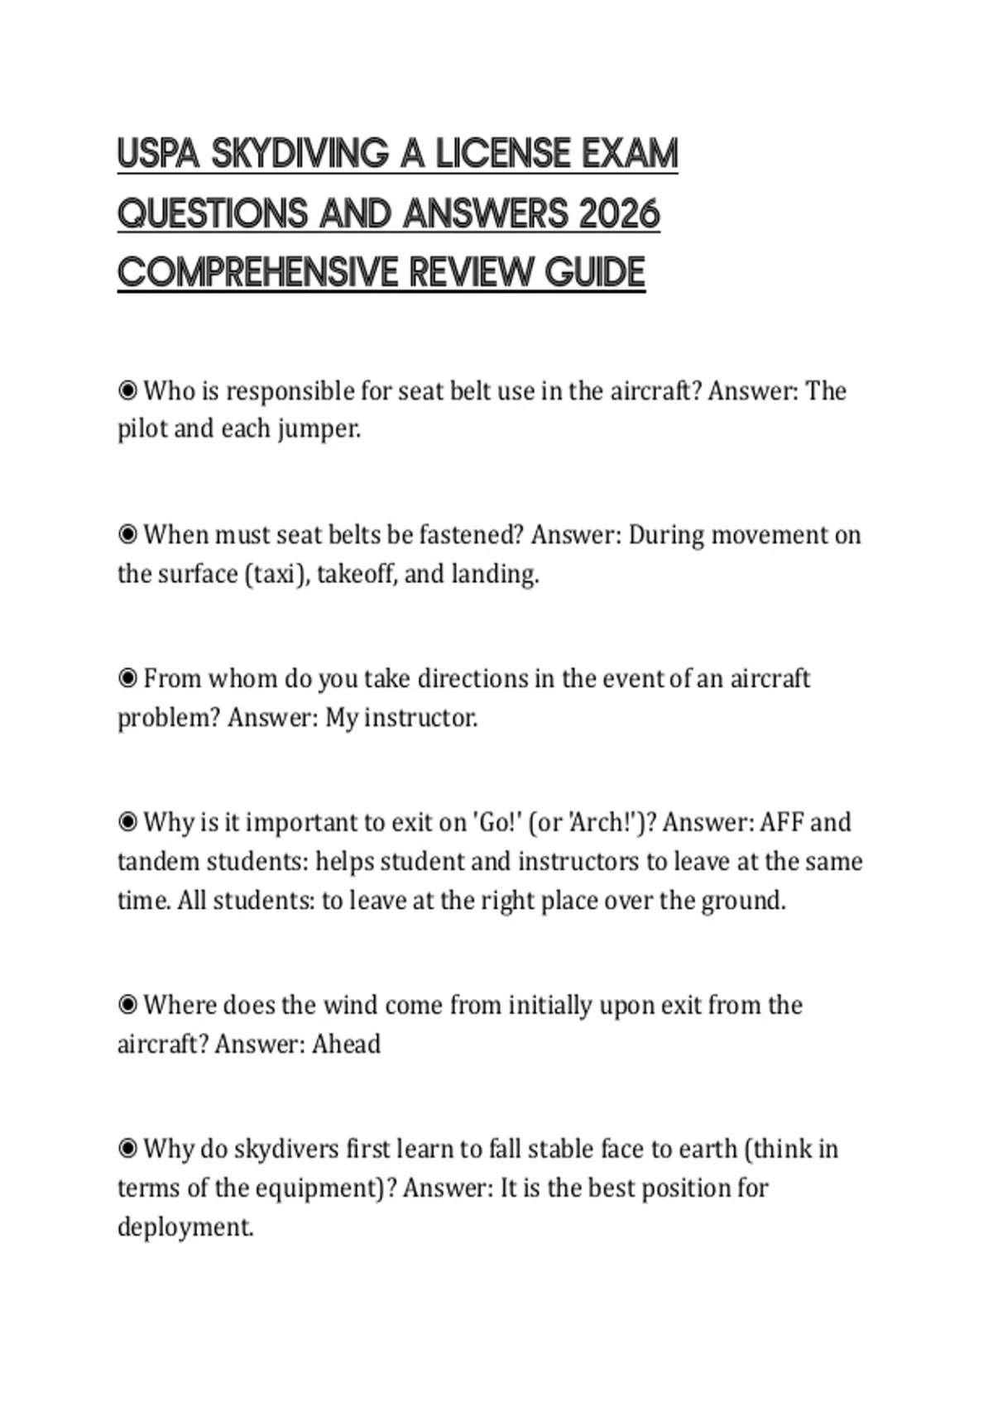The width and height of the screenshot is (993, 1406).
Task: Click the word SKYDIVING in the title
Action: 300,154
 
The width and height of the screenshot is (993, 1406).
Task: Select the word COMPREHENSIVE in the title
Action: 257,272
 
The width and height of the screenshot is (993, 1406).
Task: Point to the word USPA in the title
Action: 159,154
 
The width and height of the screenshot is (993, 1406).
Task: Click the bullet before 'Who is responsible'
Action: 127,390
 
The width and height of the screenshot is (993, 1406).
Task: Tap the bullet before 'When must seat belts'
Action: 127,534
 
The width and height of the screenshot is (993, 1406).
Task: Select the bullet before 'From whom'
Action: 127,678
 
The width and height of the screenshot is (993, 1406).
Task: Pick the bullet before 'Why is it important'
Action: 127,822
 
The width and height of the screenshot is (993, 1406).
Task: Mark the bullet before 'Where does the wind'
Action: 127,1005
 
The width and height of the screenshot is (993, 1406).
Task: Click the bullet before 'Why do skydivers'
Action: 127,1149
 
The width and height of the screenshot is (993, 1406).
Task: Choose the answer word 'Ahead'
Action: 346,1044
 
